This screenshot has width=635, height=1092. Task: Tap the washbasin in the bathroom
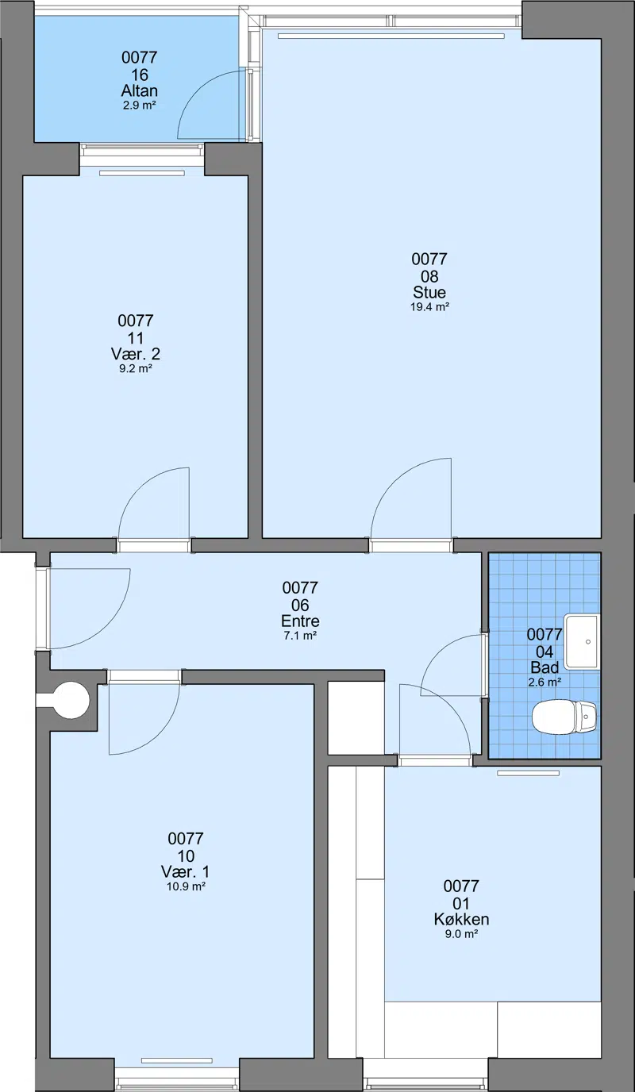click(x=582, y=641)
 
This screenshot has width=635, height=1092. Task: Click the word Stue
click(x=429, y=293)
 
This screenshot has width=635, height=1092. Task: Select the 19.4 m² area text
click(x=429, y=307)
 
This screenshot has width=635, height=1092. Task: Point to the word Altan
click(x=140, y=90)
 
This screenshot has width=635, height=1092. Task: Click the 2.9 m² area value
click(x=140, y=106)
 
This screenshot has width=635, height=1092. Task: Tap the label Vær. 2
click(x=136, y=354)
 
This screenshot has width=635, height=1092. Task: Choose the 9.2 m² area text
click(x=136, y=368)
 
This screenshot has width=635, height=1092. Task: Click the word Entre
click(x=300, y=621)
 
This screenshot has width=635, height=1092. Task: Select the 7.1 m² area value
click(x=300, y=636)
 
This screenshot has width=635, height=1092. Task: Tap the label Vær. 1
click(x=185, y=871)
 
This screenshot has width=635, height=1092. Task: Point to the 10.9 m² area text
click(x=186, y=886)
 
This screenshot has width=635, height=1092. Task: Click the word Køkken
click(x=461, y=919)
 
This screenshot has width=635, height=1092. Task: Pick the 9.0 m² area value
click(x=461, y=934)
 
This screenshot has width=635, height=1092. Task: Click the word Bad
click(x=545, y=667)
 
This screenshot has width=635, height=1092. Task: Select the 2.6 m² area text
click(x=545, y=682)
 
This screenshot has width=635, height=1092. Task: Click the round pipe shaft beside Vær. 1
click(x=71, y=701)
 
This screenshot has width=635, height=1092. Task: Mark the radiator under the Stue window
click(x=391, y=36)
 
